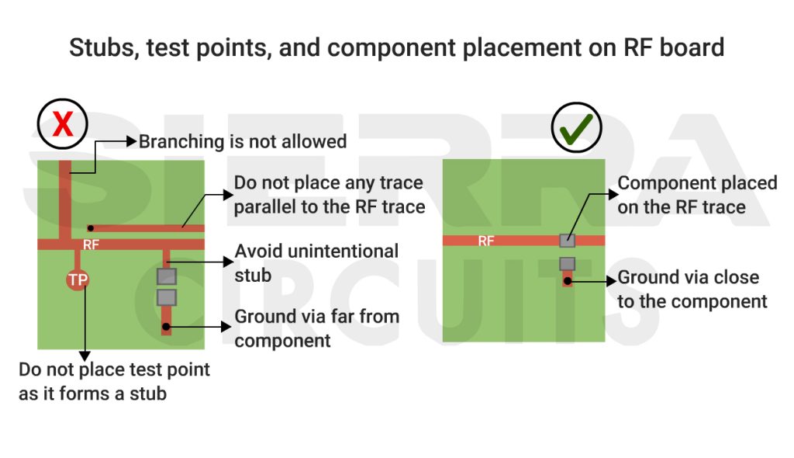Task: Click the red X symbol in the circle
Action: (x=62, y=124)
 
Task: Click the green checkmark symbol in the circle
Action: (x=576, y=126)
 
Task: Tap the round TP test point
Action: (x=77, y=280)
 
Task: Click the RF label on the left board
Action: (x=91, y=245)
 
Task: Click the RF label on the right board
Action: (x=486, y=241)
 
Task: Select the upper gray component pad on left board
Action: (x=166, y=276)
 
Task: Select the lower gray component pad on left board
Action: (x=166, y=297)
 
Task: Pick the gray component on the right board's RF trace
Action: (x=567, y=241)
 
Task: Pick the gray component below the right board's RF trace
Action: (x=567, y=264)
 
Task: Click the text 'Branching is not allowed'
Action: (x=242, y=142)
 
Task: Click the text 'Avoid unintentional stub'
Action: (x=316, y=262)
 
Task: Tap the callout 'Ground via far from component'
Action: (x=316, y=328)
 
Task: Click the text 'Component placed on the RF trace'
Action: (x=696, y=195)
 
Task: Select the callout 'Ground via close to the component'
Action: (x=692, y=290)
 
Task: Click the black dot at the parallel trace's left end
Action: (x=91, y=228)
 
